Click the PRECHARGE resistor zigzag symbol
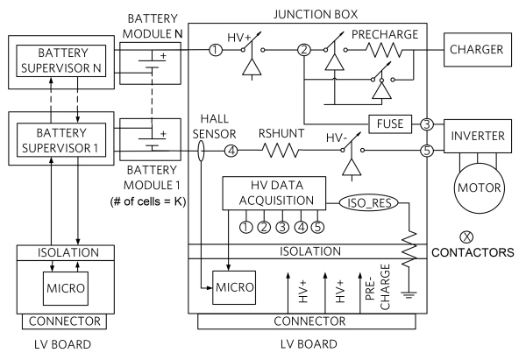pos(383,50)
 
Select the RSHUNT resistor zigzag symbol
pos(281,151)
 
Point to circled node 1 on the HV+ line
pos(216,50)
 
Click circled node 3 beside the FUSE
pos(427,124)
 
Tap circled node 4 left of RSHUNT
pos(231,151)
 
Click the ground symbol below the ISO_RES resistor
pos(409,294)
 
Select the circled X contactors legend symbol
pos(466,237)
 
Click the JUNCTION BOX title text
pos(316,14)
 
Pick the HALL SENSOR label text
pos(214,126)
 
